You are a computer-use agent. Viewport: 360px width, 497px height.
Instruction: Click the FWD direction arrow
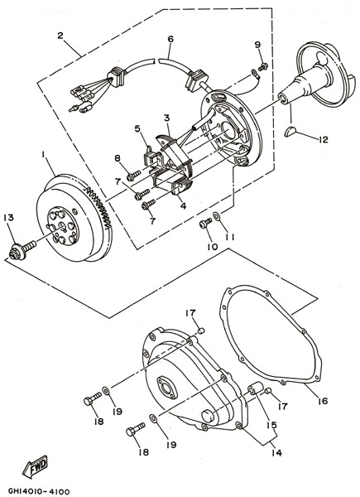point(35,466)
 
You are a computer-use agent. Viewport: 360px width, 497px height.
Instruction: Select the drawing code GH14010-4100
point(39,491)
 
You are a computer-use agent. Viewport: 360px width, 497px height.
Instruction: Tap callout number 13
point(9,218)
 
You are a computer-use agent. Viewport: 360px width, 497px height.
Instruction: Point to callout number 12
point(324,139)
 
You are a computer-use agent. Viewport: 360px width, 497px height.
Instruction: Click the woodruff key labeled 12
point(290,131)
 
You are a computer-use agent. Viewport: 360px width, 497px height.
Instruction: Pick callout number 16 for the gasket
point(323,401)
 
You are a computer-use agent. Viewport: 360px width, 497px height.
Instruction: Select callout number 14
point(276,453)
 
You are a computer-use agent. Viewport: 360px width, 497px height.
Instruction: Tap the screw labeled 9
point(263,66)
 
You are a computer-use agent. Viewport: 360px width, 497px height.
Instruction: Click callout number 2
point(60,35)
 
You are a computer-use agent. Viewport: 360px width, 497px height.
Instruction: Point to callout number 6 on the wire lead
point(170,39)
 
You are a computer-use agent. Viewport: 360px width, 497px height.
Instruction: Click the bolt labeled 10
point(205,223)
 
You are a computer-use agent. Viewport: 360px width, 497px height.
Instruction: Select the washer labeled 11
point(217,216)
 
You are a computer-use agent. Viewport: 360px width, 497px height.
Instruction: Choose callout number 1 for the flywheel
point(43,154)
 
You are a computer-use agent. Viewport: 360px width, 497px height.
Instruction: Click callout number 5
point(137,128)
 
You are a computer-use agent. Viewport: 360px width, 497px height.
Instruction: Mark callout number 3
point(167,118)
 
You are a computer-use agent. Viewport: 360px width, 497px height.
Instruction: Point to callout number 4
point(183,205)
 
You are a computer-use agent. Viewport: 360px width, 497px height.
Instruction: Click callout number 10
point(213,247)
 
